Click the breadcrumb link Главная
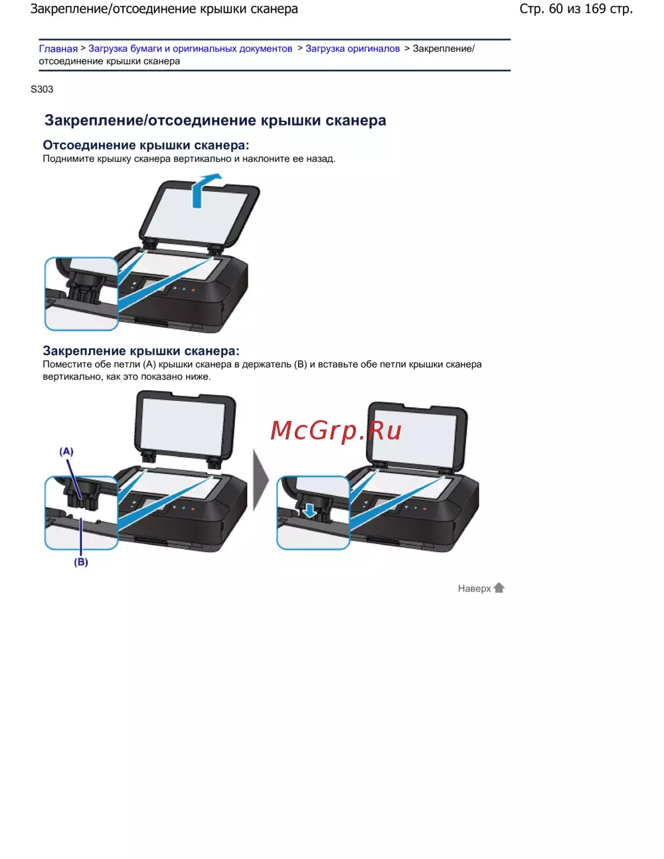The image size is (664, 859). click(x=58, y=48)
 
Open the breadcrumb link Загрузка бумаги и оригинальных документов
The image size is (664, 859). click(x=190, y=48)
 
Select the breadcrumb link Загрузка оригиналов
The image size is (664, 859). click(x=353, y=48)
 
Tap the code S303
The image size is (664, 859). click(x=42, y=90)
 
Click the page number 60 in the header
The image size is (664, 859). click(x=556, y=9)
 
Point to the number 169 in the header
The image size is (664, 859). click(x=595, y=9)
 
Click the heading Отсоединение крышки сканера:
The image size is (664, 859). click(x=146, y=145)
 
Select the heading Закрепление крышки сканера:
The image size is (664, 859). click(x=141, y=351)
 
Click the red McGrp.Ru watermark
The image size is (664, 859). click(x=336, y=430)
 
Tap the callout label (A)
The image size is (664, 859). click(x=66, y=451)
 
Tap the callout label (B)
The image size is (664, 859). click(x=80, y=562)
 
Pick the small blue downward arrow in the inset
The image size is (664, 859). click(x=309, y=510)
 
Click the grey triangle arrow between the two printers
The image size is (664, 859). click(x=260, y=480)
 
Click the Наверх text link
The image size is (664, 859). click(x=474, y=589)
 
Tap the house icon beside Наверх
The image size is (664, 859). click(x=499, y=587)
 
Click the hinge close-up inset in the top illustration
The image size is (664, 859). click(x=82, y=293)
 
